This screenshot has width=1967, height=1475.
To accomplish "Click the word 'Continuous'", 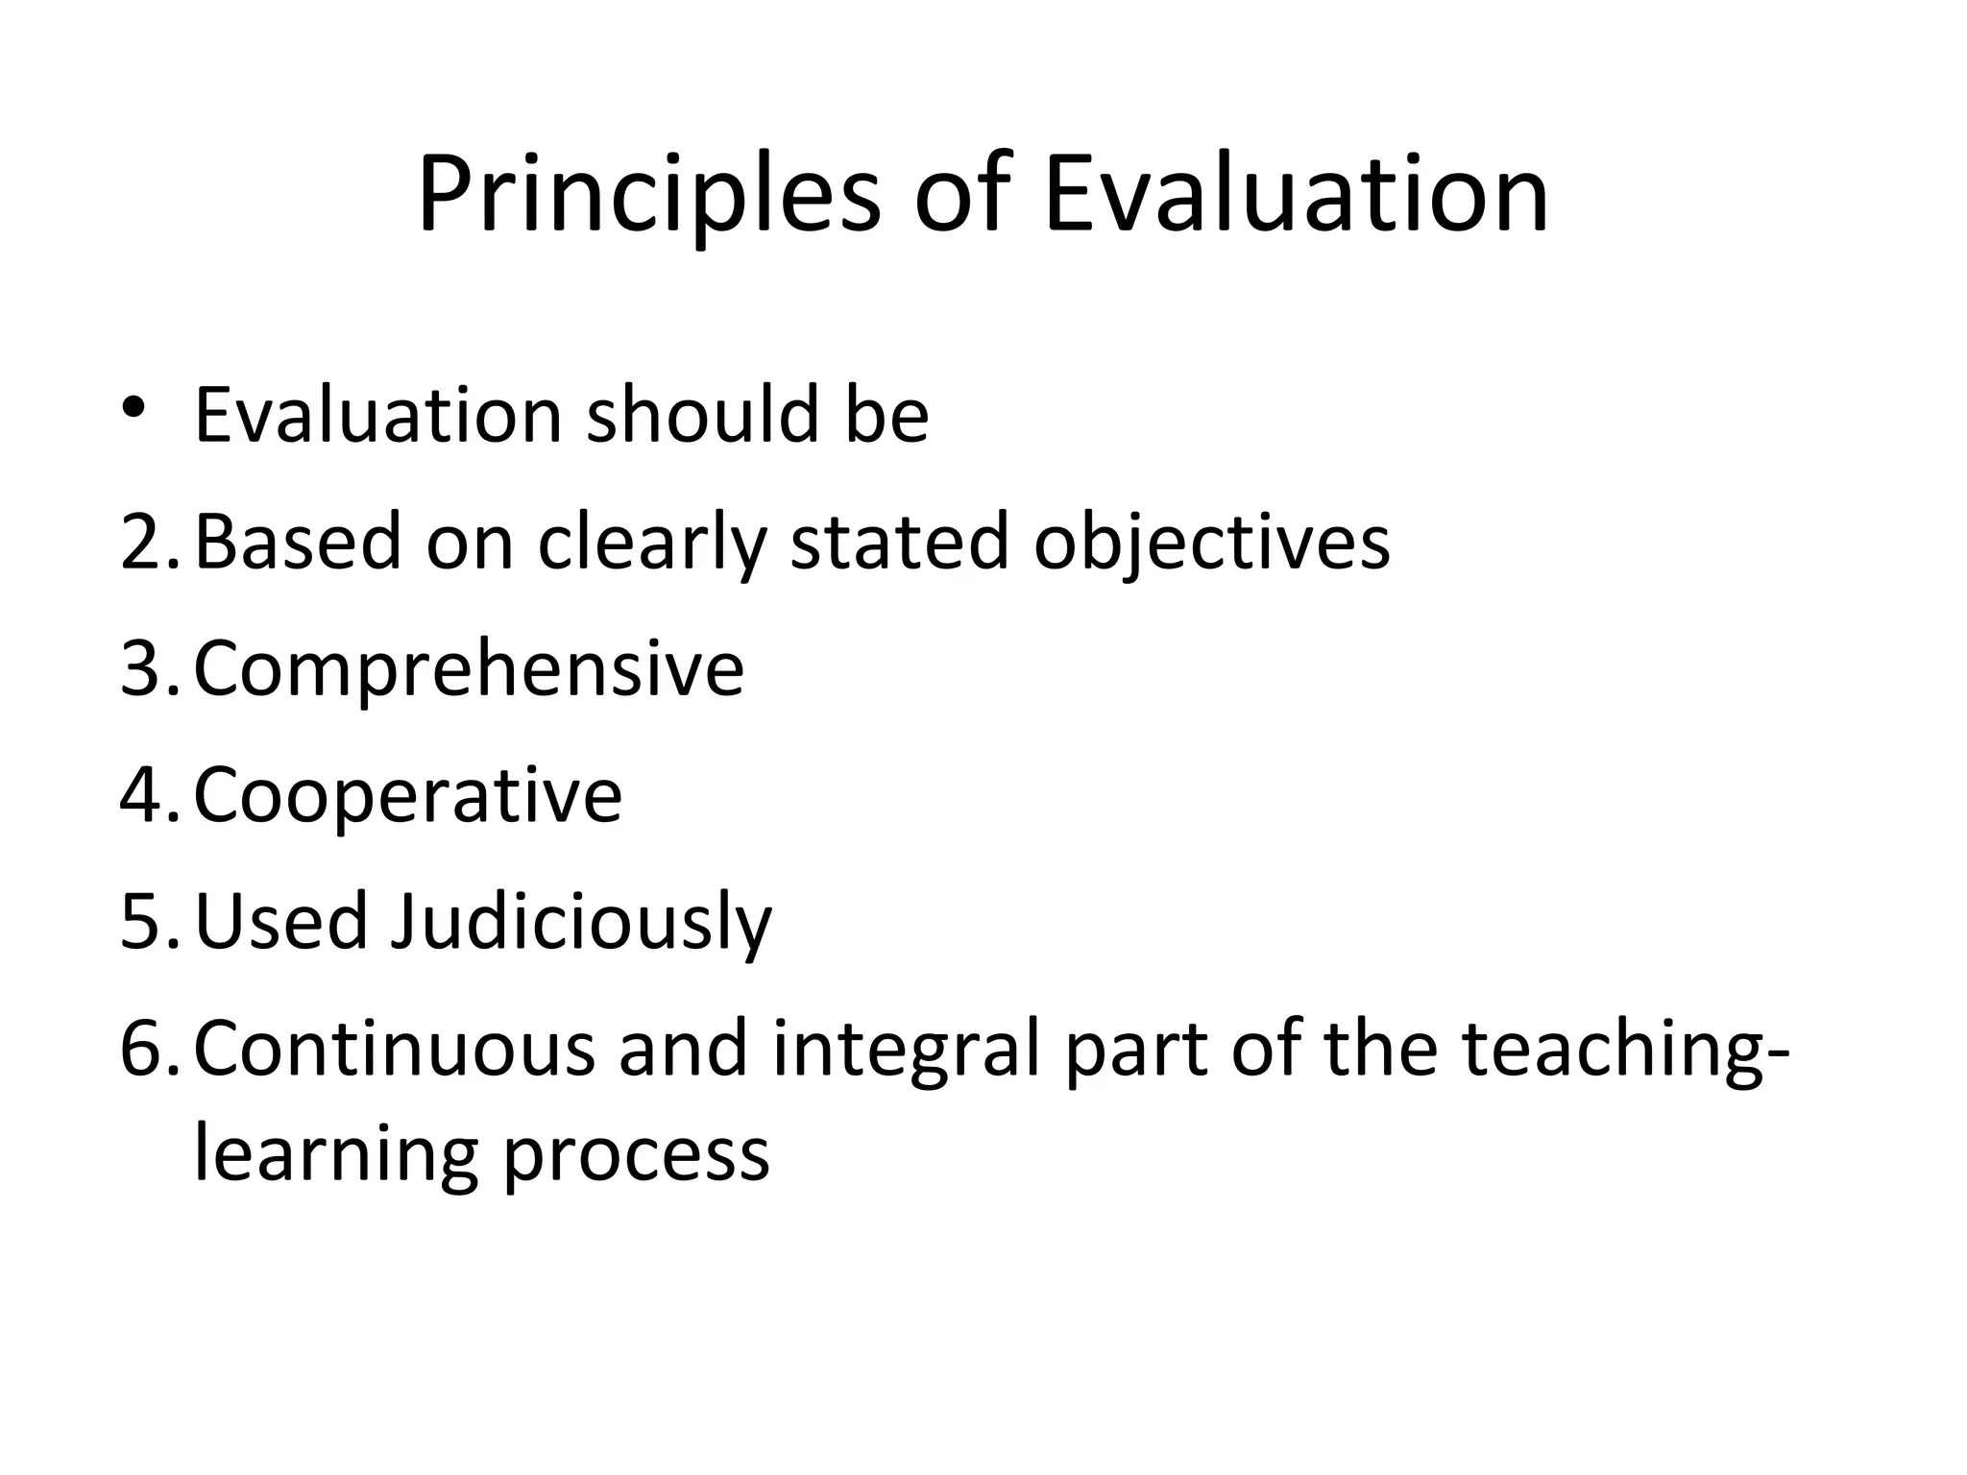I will (x=394, y=1049).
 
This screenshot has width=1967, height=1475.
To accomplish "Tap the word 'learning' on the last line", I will (x=335, y=1154).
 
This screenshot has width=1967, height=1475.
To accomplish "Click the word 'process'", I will (x=636, y=1156).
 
